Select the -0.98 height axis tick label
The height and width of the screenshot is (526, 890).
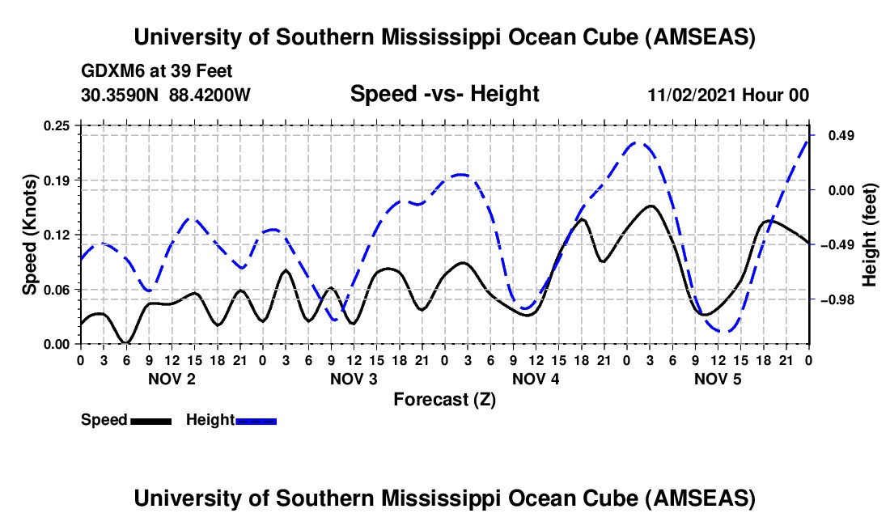[x=835, y=299]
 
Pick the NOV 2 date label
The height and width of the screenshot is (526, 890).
[x=171, y=379]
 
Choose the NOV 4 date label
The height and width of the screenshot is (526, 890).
[x=536, y=379]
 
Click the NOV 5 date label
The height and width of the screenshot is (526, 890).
[x=718, y=379]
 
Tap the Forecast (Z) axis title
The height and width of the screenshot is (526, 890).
[x=444, y=399]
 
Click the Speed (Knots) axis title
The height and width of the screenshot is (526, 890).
[x=30, y=235]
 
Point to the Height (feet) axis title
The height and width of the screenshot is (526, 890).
[x=870, y=235]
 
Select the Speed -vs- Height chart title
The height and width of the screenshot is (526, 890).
[x=444, y=95]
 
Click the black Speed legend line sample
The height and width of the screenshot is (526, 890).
[x=150, y=420]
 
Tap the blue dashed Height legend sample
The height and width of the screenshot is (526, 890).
[x=256, y=420]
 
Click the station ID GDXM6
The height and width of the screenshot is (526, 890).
[x=108, y=71]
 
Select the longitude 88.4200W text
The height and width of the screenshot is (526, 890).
[x=210, y=95]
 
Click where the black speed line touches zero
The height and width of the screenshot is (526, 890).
[x=125, y=342]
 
